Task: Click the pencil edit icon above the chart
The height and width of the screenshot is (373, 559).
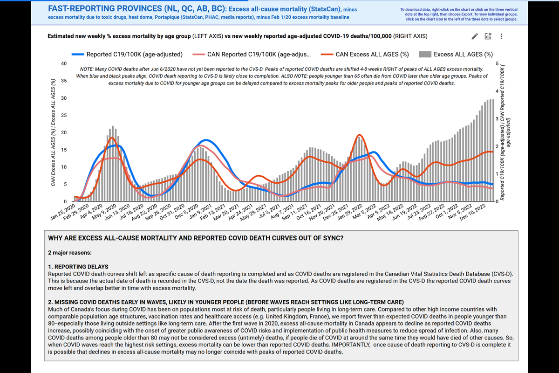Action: [x=475, y=36]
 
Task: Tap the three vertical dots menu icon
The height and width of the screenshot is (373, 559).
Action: [x=501, y=36]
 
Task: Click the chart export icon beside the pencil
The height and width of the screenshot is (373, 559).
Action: [x=488, y=36]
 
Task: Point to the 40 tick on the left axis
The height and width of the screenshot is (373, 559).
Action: [x=63, y=63]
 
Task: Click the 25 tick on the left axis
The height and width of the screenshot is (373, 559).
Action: [x=63, y=115]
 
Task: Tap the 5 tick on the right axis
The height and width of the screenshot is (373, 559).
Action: [x=497, y=63]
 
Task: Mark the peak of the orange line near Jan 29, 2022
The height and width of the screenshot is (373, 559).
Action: [x=359, y=135]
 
